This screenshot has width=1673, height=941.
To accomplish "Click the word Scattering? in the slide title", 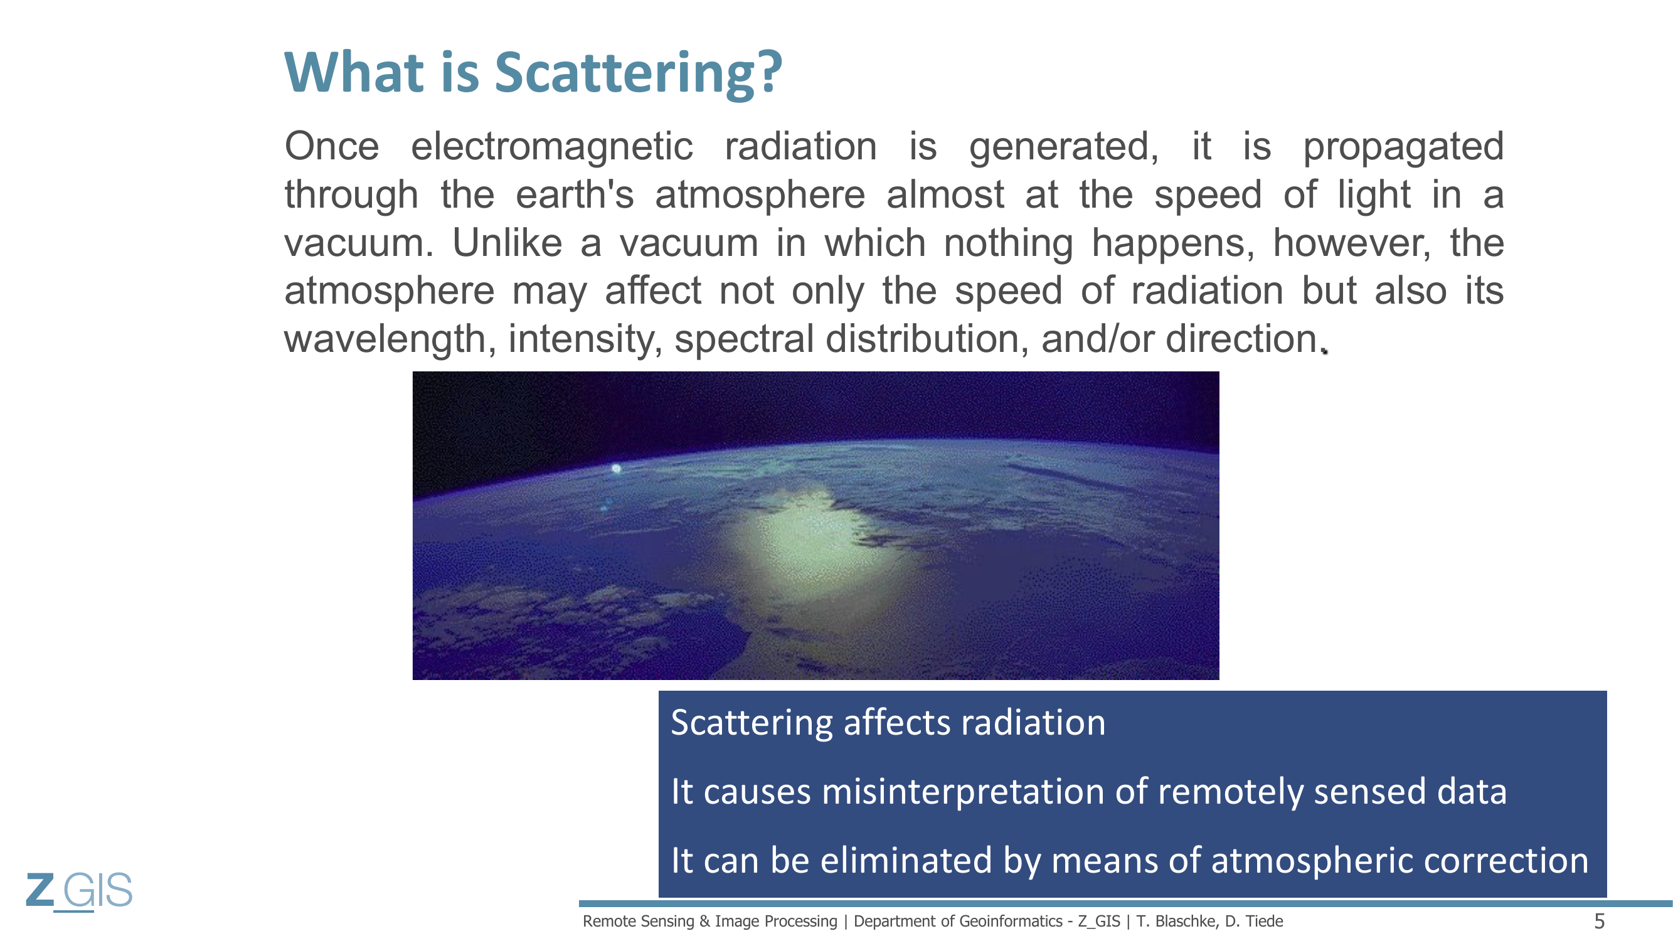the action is coord(639,72).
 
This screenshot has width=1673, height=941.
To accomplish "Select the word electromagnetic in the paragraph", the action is coord(552,147).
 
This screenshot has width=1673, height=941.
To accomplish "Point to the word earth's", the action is coord(575,195).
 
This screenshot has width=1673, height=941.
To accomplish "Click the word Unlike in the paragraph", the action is coord(507,243).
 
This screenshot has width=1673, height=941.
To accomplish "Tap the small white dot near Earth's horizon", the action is coord(617,468).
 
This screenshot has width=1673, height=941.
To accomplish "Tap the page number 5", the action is coord(1600,922).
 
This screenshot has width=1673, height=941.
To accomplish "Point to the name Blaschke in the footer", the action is coord(1184,922).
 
